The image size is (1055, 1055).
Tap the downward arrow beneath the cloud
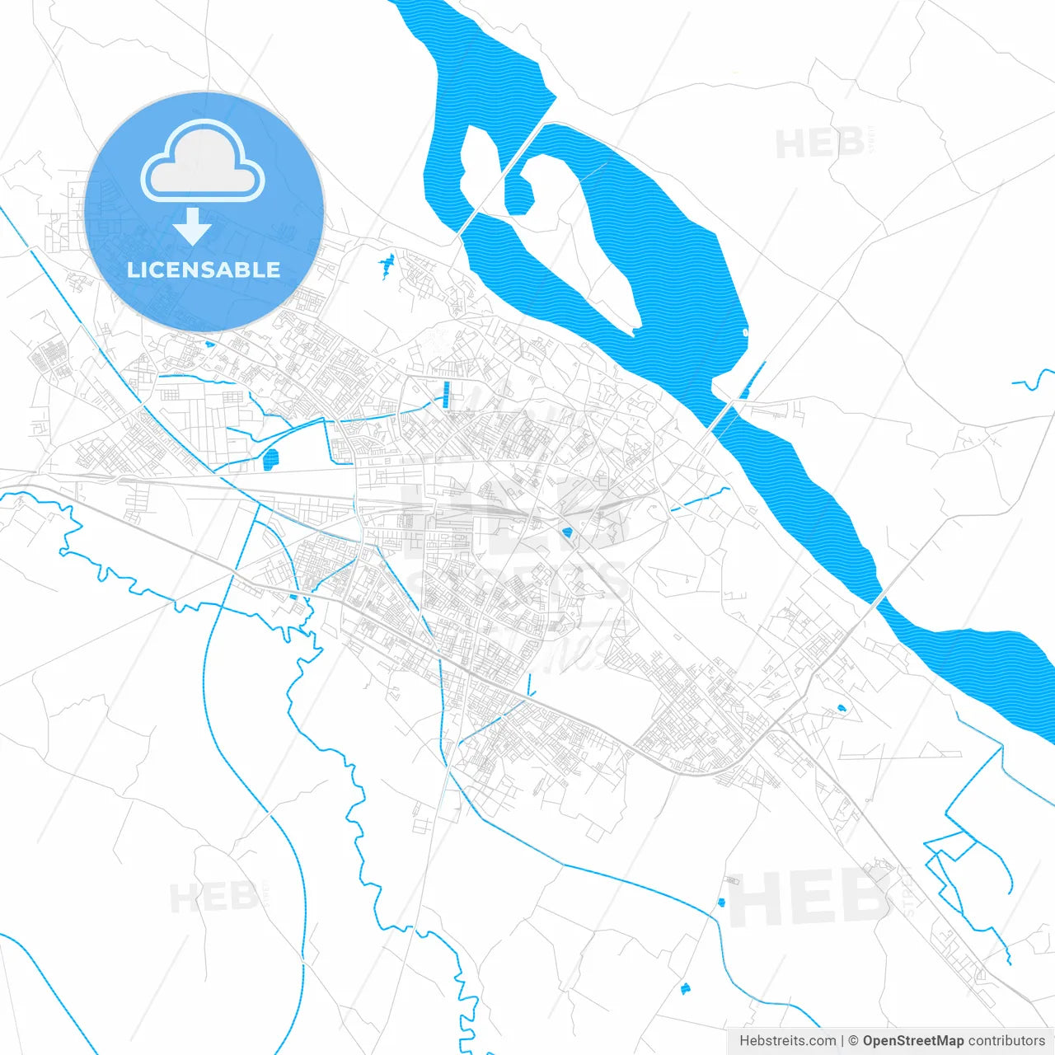click(x=193, y=226)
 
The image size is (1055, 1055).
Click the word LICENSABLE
click(x=204, y=270)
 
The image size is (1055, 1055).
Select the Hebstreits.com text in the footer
click(x=787, y=1041)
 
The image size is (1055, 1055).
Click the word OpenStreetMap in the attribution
click(x=912, y=1041)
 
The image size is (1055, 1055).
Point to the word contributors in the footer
click(x=1006, y=1041)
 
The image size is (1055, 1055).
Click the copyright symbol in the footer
click(x=853, y=1041)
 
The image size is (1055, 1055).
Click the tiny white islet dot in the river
click(x=745, y=332)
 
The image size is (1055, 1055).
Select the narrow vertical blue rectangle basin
click(x=446, y=396)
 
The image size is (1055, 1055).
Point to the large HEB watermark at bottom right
click(x=808, y=898)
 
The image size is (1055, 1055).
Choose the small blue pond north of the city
click(x=387, y=266)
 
